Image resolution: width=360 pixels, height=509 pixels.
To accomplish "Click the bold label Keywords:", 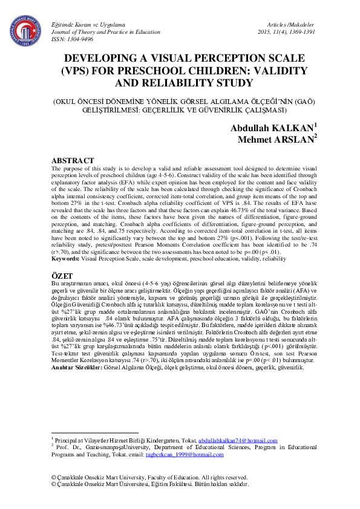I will pyautogui.click(x=70, y=258).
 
